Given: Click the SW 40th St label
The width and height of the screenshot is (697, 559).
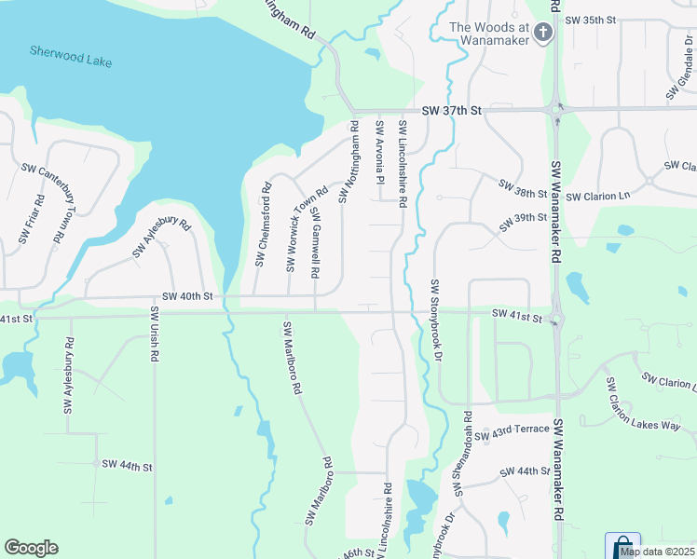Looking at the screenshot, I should click(x=187, y=296).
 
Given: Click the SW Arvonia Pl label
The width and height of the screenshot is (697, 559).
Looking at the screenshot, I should click(x=380, y=151).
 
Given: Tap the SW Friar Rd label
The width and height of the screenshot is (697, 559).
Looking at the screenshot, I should click(x=31, y=218).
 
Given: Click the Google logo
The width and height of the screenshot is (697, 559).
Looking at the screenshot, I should click(x=31, y=548).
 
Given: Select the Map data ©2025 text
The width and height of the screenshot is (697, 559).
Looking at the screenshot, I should click(x=657, y=552).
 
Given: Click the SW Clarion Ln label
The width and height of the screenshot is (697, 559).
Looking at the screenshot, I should click(x=598, y=197).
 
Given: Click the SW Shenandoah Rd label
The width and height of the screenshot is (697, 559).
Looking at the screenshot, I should click(x=461, y=452).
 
